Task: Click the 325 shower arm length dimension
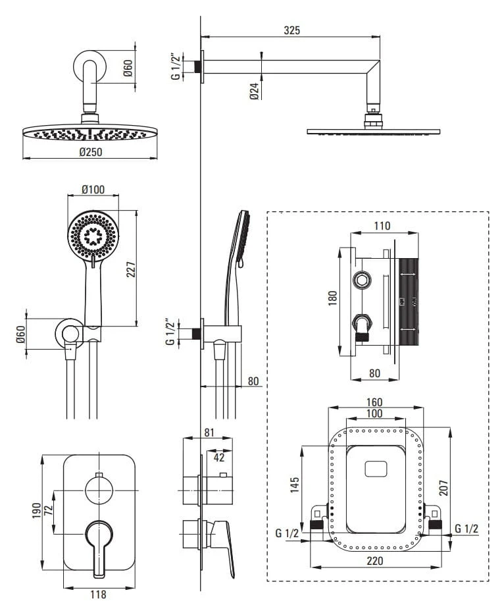292,30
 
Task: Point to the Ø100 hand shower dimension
93,190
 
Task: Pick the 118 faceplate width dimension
98,594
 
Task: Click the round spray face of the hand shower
93,235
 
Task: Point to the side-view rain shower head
373,130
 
